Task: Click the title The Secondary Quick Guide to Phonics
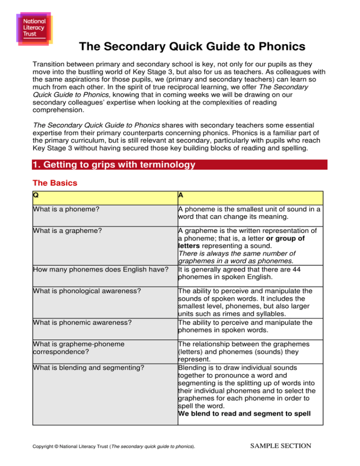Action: [192, 47]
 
